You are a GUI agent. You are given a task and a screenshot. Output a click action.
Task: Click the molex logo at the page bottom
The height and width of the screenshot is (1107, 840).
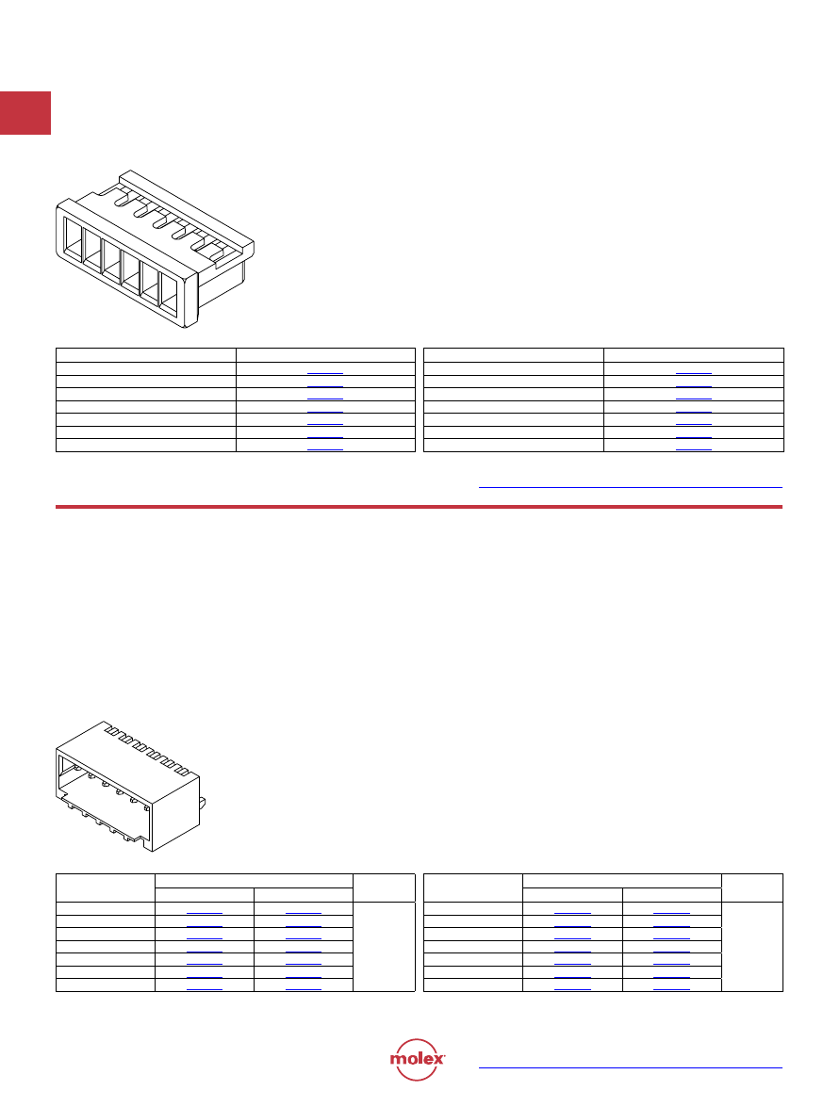point(417,1060)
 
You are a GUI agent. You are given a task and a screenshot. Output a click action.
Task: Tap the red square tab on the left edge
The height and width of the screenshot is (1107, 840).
point(25,113)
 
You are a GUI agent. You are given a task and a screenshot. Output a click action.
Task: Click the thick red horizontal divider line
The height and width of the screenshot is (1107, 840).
point(419,507)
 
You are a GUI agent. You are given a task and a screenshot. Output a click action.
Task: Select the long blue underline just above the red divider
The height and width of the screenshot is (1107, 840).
point(630,487)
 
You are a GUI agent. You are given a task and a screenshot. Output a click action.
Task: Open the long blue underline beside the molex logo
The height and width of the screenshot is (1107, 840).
point(630,1067)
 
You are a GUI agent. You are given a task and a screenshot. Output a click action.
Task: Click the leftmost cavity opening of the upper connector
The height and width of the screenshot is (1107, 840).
point(73,242)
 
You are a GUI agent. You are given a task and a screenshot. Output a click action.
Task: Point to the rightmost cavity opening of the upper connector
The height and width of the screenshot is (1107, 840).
point(170,294)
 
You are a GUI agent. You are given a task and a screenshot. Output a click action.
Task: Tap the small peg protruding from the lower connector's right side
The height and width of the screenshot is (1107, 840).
point(203,802)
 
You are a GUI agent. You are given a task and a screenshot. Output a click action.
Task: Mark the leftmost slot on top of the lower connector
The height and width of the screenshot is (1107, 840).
point(111,731)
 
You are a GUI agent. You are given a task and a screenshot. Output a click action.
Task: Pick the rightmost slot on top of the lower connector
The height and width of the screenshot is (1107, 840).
point(182,772)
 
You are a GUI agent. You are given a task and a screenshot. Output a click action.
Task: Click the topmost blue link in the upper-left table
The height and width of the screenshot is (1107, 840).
point(325,373)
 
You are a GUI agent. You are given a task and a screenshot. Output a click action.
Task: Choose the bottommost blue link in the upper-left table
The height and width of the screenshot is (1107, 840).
point(325,449)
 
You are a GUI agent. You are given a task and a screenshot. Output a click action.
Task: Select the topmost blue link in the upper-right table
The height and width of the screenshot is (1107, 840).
point(693,373)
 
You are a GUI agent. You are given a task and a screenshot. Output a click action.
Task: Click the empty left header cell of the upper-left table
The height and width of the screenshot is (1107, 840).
point(145,355)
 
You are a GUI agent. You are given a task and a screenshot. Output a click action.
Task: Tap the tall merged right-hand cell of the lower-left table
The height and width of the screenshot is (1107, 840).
point(384,947)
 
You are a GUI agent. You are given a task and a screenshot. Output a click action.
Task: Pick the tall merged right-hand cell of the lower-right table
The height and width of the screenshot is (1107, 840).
point(751,947)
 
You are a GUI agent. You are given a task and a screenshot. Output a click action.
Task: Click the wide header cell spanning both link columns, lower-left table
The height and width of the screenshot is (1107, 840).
point(254,881)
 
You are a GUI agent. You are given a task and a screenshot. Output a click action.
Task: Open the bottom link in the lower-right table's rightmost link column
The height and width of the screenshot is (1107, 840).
point(671,989)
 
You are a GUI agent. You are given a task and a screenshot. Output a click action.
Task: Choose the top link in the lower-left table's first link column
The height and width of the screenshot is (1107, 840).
point(205,913)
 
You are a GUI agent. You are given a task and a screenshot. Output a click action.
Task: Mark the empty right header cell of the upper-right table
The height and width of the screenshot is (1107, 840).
point(694,355)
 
